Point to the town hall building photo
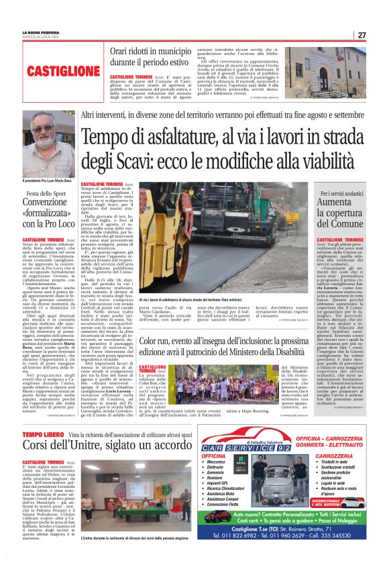pos(334,72)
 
